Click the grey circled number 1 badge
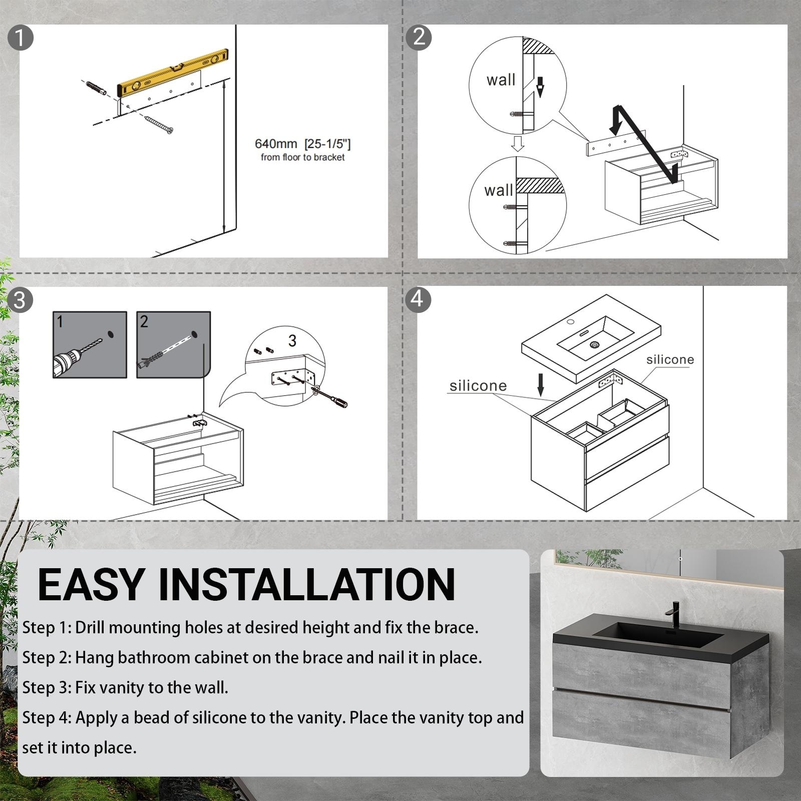[21, 38]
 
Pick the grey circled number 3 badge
[20, 300]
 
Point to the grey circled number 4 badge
[418, 299]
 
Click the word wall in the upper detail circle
[501, 80]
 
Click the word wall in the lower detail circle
[499, 190]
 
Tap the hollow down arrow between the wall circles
[518, 143]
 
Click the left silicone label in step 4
[478, 385]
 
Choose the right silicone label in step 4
[670, 359]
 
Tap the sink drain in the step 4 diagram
[595, 344]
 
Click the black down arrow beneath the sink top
[541, 384]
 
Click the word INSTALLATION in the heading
[306, 584]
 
